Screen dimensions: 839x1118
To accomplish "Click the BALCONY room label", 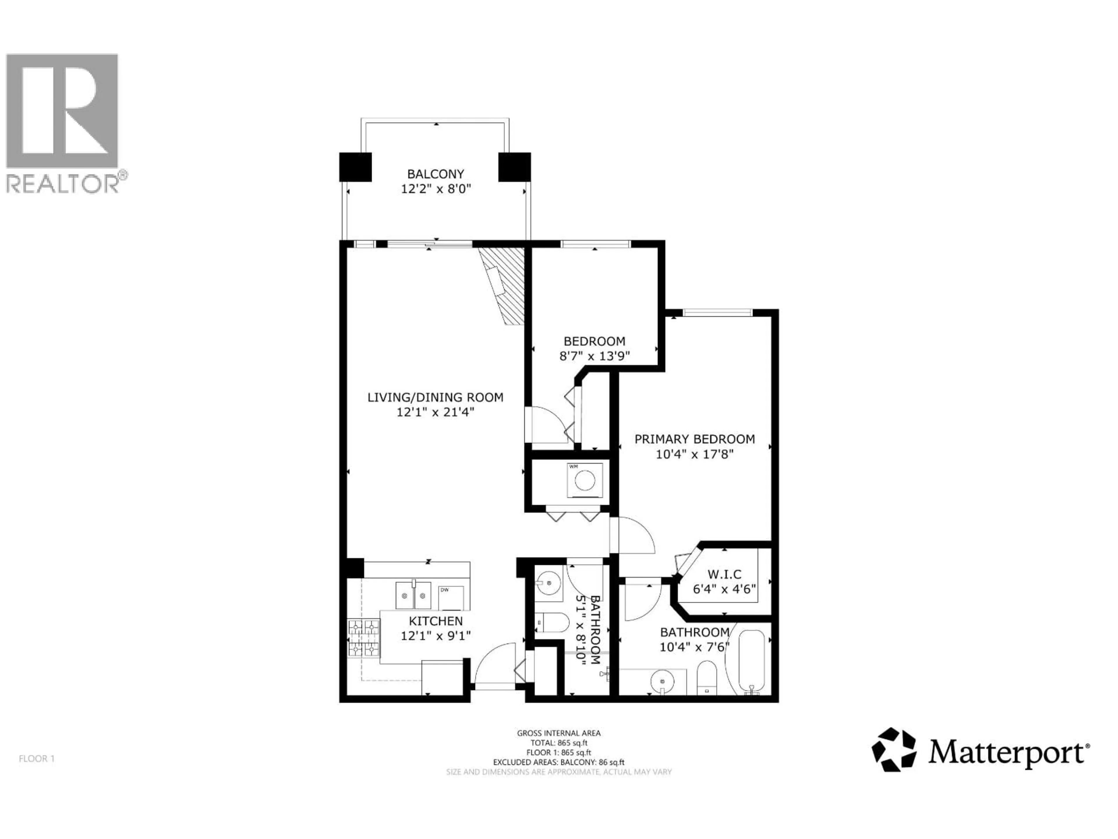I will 435,174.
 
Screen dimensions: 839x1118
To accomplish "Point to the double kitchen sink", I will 413,595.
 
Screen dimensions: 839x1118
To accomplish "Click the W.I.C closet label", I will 724,574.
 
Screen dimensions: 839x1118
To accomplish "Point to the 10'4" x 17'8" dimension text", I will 694,454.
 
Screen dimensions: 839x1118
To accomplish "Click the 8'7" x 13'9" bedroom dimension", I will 595,356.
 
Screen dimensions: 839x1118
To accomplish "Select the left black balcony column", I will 355,167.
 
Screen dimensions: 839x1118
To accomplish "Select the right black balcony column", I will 514,167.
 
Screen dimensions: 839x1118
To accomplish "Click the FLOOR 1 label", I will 36,759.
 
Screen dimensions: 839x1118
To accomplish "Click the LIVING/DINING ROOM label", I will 435,397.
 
